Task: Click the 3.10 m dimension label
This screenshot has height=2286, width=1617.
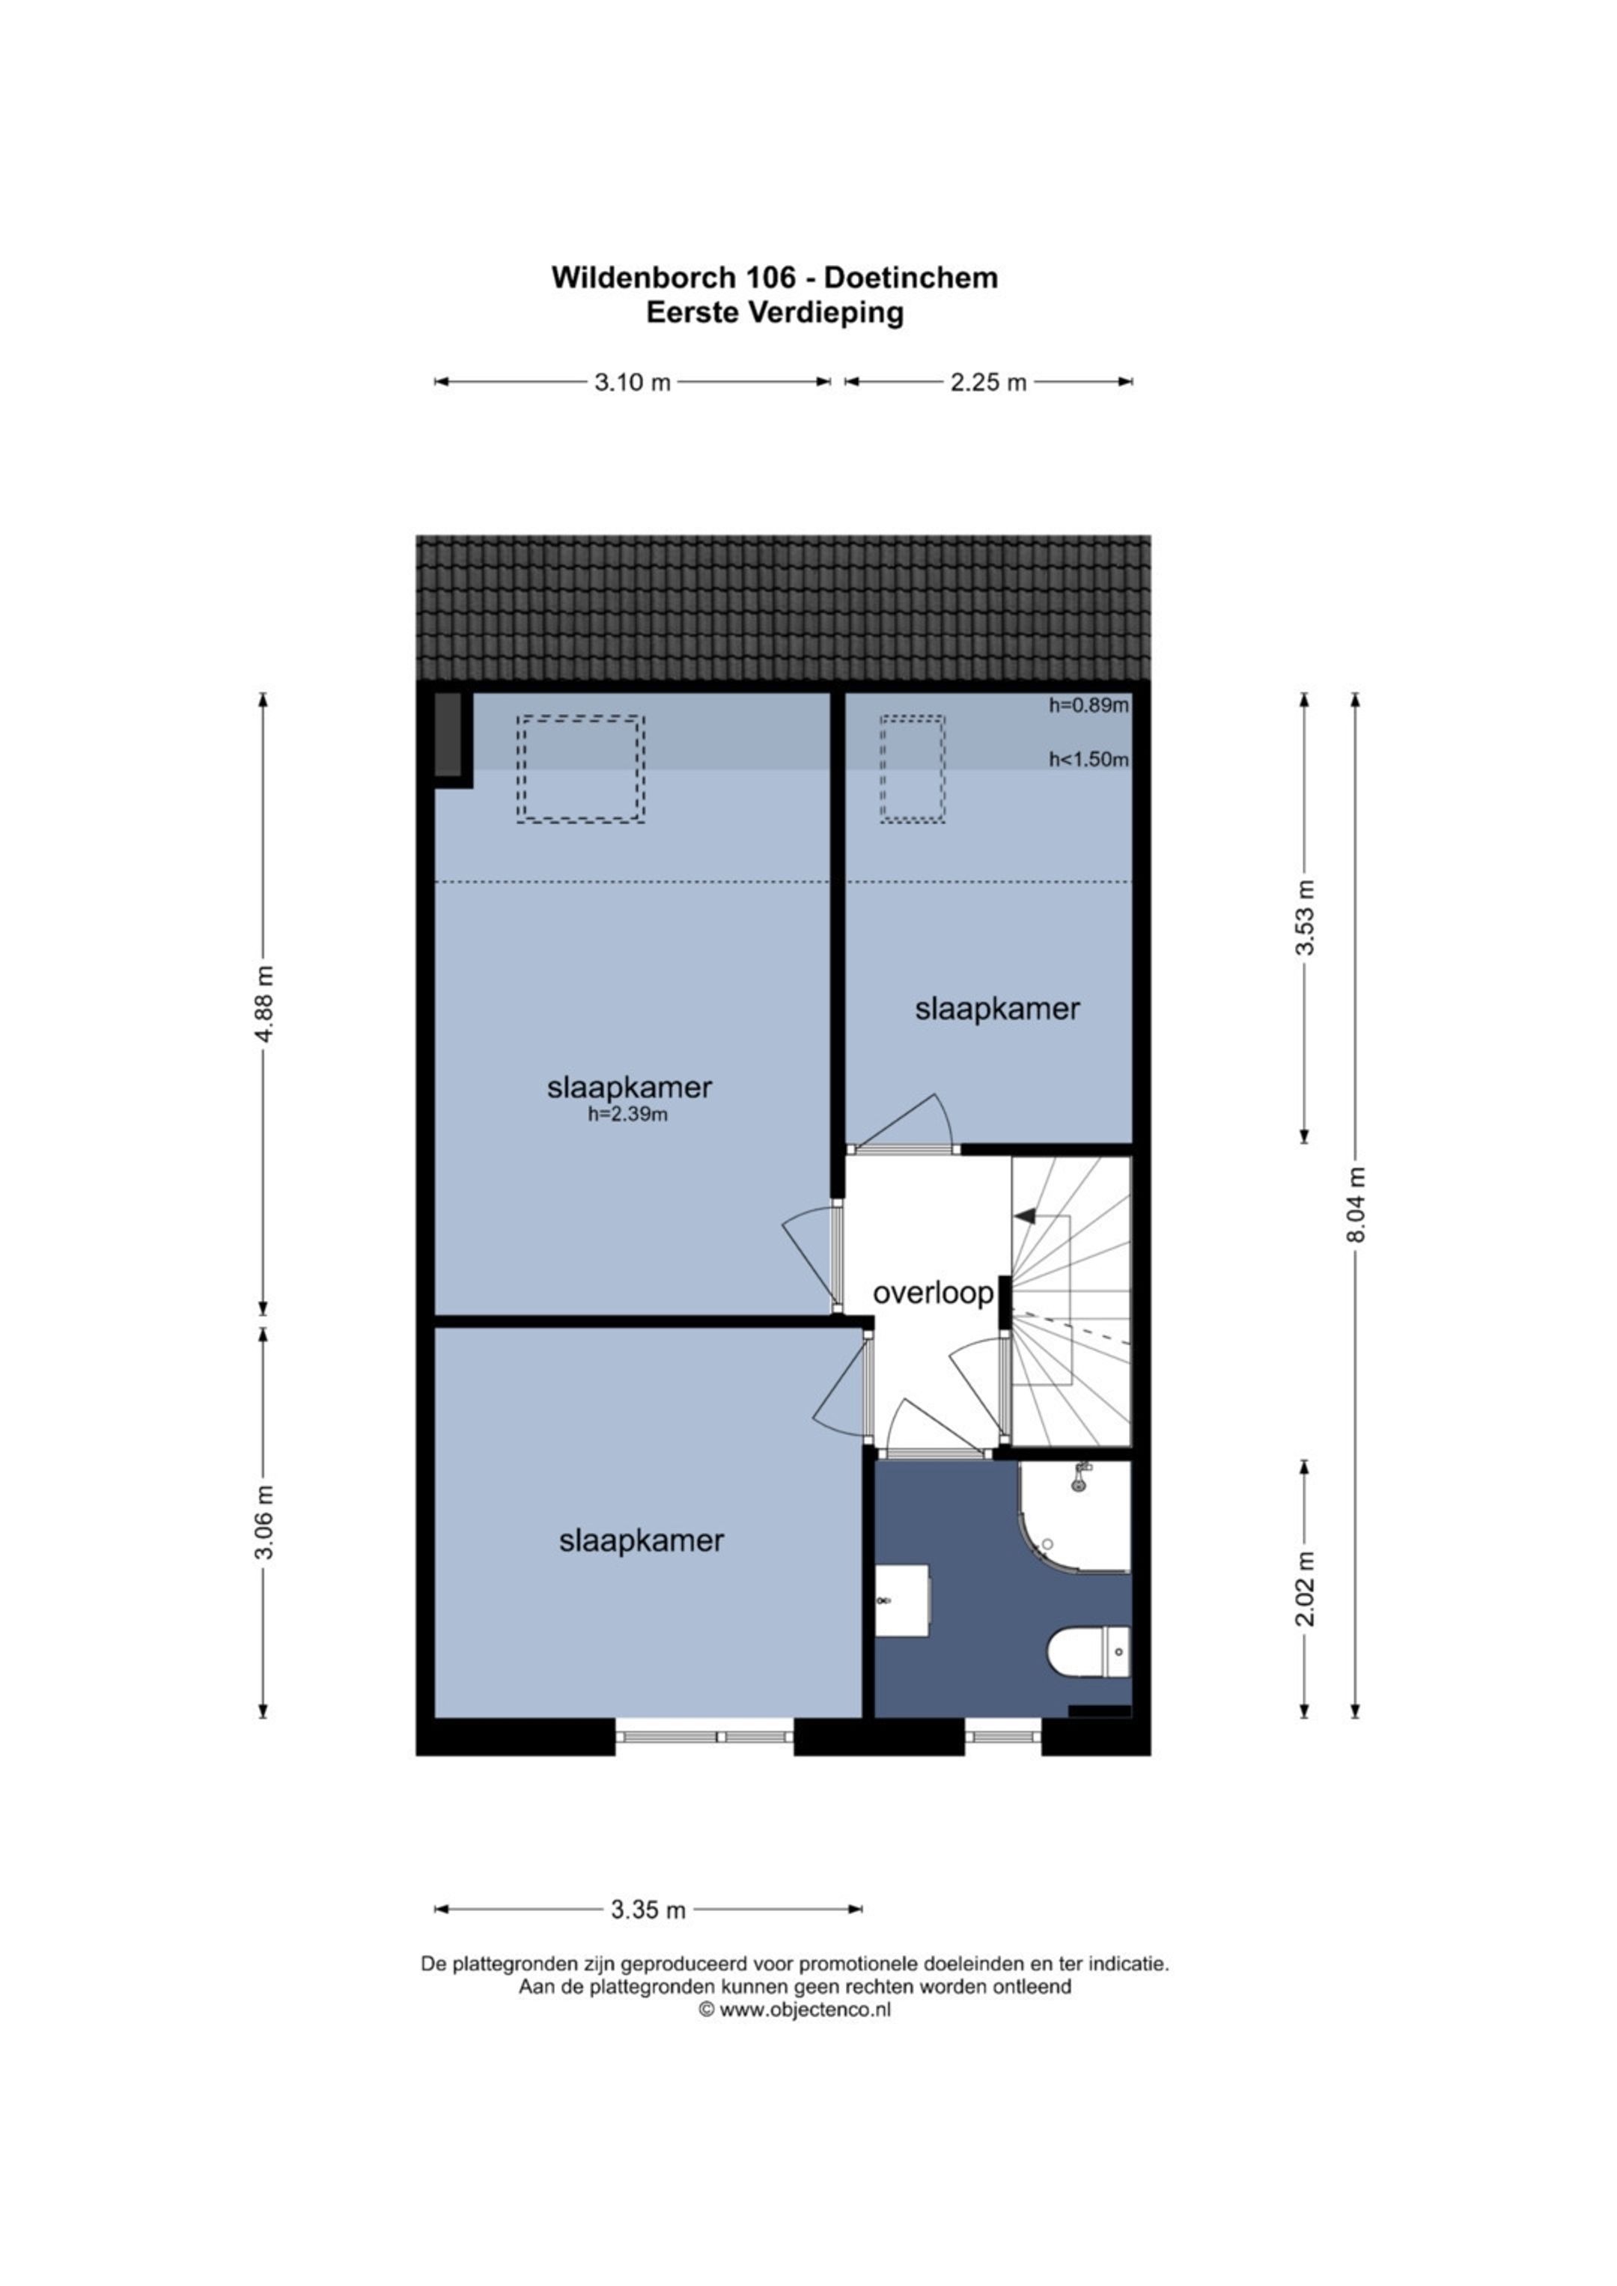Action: [x=633, y=381]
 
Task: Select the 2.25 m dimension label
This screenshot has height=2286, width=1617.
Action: [x=987, y=381]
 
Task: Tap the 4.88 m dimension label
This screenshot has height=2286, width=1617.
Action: [x=264, y=1004]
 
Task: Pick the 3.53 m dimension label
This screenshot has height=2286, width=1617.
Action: [x=1304, y=918]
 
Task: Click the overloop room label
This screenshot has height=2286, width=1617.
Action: [x=933, y=1293]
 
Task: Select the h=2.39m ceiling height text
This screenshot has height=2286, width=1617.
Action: [x=627, y=1115]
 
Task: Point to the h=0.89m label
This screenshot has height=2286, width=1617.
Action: [x=1088, y=706]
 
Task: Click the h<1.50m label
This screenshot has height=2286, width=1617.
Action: [x=1088, y=760]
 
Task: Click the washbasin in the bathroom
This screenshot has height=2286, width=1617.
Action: [x=902, y=1600]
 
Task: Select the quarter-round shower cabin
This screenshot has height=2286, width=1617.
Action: [x=1074, y=1517]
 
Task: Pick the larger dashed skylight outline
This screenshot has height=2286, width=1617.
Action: [x=580, y=769]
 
